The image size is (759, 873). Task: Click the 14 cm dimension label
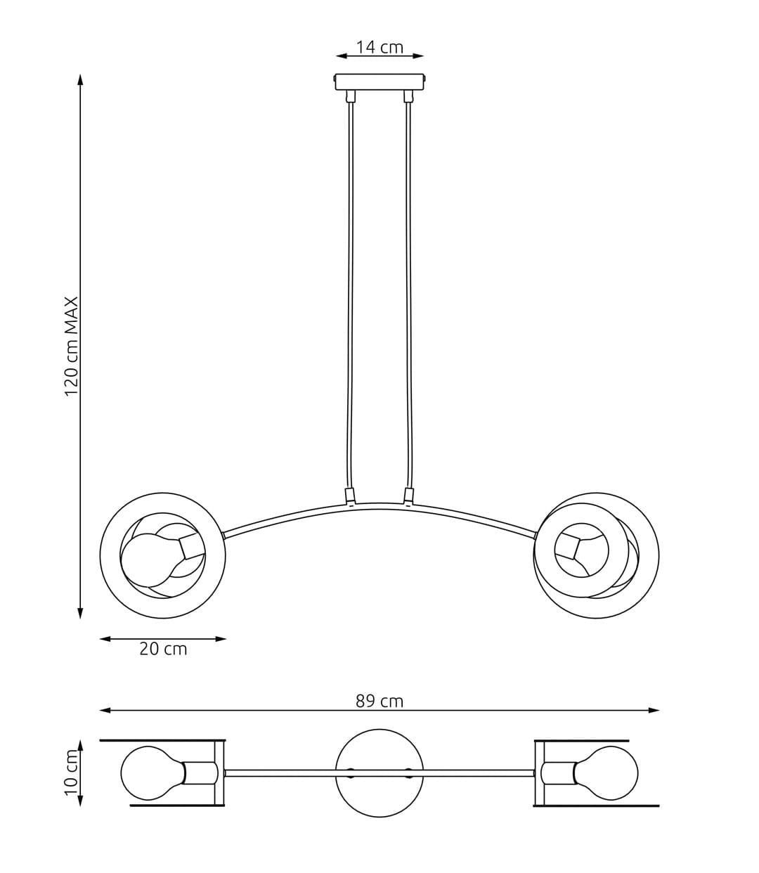[x=379, y=47]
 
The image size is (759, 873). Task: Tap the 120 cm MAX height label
[x=71, y=347]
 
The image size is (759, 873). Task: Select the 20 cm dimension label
[x=163, y=649]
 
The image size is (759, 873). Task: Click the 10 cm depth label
[x=71, y=772]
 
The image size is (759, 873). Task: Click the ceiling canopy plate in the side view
[x=379, y=82]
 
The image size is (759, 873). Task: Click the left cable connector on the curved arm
[x=349, y=495]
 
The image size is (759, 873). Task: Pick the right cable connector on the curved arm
[x=409, y=495]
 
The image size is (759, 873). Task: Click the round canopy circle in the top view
[x=379, y=773]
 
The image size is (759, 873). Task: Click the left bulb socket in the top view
[x=200, y=773]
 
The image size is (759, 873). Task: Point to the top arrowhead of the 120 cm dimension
[x=80, y=80]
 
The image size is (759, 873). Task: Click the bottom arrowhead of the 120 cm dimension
[x=80, y=612]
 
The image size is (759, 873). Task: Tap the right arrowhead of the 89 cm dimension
[x=654, y=711]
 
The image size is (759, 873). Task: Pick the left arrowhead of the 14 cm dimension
[x=342, y=56]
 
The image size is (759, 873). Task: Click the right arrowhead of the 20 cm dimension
[x=220, y=639]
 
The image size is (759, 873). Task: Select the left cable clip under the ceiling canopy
[x=350, y=96]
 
